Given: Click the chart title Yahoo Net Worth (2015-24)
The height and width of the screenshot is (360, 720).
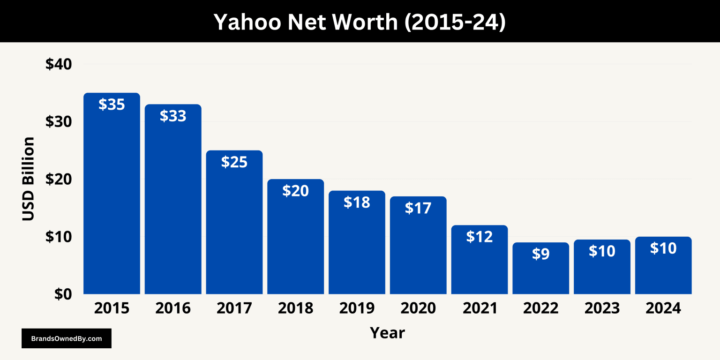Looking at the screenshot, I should [x=360, y=22].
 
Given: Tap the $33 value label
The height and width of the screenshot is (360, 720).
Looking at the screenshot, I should [x=173, y=116].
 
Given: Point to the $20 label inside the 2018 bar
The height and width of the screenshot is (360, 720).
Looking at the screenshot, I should [x=295, y=191].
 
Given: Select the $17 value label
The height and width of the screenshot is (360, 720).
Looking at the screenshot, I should [x=418, y=208].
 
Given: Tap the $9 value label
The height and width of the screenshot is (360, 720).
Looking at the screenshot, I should [x=540, y=254].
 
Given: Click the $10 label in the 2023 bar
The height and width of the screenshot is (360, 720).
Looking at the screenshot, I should [x=602, y=251].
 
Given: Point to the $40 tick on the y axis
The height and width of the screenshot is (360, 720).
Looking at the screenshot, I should [x=58, y=64].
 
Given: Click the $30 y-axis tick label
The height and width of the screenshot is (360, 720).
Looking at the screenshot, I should [x=58, y=122].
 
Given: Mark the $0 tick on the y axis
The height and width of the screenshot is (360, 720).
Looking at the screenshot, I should [x=63, y=294].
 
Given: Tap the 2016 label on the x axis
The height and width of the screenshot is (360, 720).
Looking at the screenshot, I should [x=173, y=308].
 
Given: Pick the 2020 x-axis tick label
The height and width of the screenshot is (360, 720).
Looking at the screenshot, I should [x=418, y=308].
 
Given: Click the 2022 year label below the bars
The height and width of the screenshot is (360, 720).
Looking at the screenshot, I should [x=540, y=308].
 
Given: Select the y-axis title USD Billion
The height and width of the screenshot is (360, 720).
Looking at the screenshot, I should [x=29, y=179].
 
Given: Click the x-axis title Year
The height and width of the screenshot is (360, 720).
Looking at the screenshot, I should [x=387, y=333].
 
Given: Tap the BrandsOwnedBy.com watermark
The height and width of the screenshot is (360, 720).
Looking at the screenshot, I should [x=67, y=338].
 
